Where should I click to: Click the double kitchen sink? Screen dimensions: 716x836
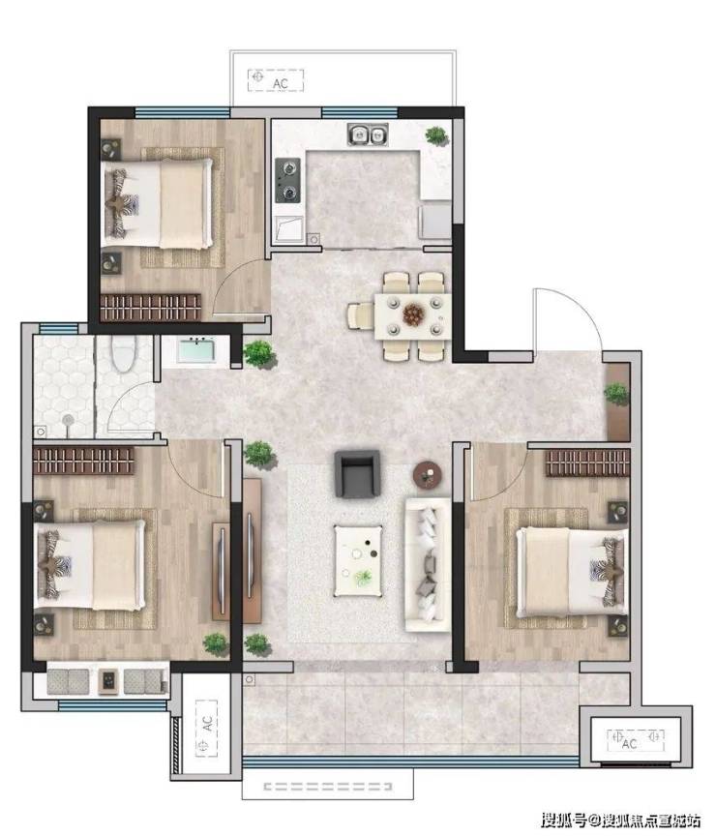tap(368, 134)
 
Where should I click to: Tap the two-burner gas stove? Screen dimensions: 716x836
tap(288, 180)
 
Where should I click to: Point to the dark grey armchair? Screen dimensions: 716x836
tap(357, 473)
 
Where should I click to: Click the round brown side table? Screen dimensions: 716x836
tap(428, 474)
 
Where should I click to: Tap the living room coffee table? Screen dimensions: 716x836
tap(358, 560)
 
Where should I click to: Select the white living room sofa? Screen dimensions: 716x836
tap(428, 565)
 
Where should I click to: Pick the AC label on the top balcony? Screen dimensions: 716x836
tap(281, 84)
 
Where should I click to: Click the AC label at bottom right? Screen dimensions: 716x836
tap(629, 743)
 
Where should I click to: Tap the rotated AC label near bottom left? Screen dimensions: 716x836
tap(207, 724)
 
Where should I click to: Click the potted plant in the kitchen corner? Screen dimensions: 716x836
tap(436, 135)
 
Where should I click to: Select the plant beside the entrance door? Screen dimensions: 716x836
tap(616, 394)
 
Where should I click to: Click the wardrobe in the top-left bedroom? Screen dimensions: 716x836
tap(151, 307)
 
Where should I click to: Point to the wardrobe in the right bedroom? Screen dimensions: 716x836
tap(587, 463)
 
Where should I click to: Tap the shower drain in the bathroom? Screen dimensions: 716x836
tap(68, 420)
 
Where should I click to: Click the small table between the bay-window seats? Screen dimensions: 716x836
tap(108, 682)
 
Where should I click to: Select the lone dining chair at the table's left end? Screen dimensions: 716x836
tap(361, 315)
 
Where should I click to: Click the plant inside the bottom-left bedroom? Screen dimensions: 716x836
tap(216, 644)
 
